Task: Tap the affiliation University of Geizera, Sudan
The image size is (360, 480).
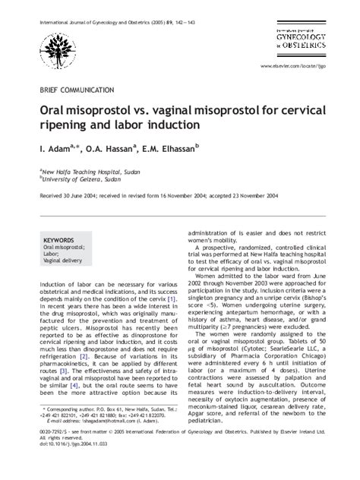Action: [x=77, y=180]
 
